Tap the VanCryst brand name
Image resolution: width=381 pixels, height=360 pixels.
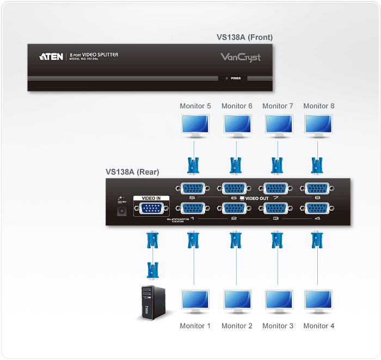coord(240,57)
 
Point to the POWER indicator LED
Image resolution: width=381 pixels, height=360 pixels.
coord(227,78)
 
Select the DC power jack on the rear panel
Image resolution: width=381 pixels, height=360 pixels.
coord(122,210)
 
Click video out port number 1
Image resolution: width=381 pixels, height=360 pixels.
coord(192,208)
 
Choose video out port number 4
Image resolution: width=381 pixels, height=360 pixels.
coord(318,208)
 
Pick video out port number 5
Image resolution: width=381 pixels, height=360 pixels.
coord(192,188)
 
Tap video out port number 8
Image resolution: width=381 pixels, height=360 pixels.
coord(318,188)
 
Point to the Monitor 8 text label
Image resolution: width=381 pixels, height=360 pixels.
coord(318,106)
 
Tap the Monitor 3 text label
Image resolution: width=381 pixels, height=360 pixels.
coord(278,326)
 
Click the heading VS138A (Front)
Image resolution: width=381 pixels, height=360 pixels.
coord(244,38)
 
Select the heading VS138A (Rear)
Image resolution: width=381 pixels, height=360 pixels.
coord(132,172)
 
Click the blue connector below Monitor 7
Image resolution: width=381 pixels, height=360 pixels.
coord(277,164)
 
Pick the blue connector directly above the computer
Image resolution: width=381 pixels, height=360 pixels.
coord(153,269)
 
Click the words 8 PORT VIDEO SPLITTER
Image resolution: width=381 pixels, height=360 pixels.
coord(94,55)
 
